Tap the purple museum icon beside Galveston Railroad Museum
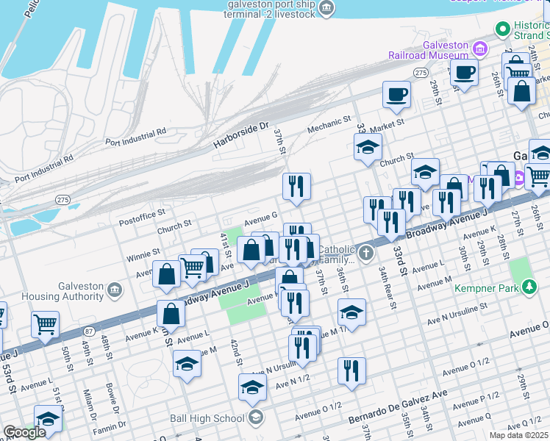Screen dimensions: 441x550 coord(480,49)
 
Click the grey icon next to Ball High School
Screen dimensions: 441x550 coord(255,418)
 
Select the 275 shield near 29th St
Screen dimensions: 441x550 coord(421,73)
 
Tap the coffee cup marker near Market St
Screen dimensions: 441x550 coord(396,94)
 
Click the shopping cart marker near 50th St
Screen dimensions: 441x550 coord(46,323)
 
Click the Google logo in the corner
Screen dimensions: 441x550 coord(24,432)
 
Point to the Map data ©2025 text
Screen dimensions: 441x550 coord(518,435)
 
